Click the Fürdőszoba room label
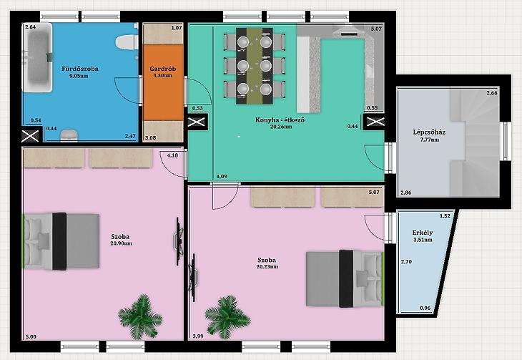80,69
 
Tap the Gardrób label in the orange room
163,69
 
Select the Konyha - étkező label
280,120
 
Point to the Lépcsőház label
429,132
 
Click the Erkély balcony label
423,233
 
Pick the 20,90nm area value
121,243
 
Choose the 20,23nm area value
267,267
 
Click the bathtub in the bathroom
37,57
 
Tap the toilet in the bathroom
127,42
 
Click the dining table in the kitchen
255,66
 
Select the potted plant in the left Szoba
140,316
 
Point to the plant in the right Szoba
227,316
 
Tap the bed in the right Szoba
345,278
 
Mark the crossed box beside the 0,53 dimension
197,122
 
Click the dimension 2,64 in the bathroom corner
30,27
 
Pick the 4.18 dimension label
172,155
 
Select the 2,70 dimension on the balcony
406,262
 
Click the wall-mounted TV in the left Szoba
179,241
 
